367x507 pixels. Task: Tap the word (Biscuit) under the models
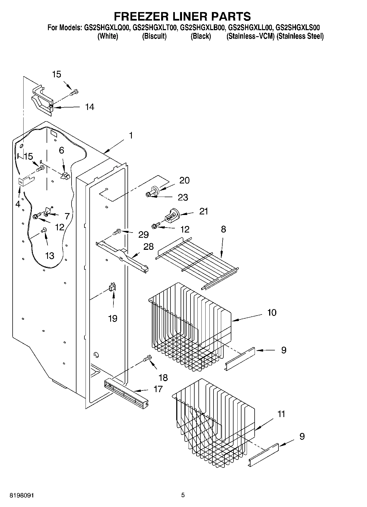(x=154, y=36)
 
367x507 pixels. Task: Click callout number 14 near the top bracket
(x=89, y=107)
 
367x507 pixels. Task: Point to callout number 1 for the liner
(x=131, y=135)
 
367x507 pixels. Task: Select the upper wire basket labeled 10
(x=189, y=326)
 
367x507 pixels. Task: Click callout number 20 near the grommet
(x=184, y=180)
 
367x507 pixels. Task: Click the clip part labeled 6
(x=66, y=176)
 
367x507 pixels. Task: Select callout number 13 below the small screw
(x=50, y=256)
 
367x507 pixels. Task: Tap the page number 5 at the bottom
(x=183, y=495)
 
